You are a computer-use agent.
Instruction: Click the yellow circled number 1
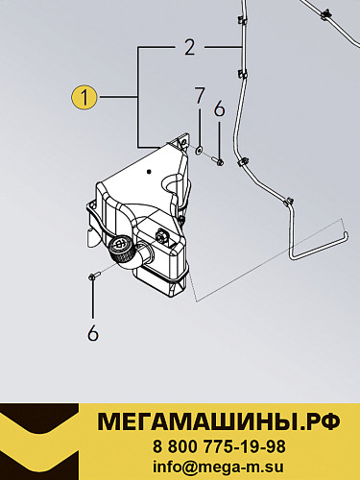tap(84, 97)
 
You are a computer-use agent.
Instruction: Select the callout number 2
tap(190, 48)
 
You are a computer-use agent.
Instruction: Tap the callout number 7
tap(199, 95)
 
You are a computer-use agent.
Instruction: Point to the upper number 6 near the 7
tap(219, 109)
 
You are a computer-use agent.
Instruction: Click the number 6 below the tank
tap(93, 333)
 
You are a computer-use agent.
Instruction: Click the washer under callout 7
tap(199, 150)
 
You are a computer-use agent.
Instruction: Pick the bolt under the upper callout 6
tap(218, 161)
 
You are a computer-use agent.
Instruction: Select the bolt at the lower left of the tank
tap(95, 275)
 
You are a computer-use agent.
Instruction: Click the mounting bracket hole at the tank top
tap(183, 142)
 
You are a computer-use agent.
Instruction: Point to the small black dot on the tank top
tap(148, 173)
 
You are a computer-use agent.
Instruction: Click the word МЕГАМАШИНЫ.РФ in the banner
tap(219, 422)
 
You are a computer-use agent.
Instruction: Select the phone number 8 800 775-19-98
tap(219, 446)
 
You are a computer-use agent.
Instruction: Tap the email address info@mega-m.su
tap(219, 467)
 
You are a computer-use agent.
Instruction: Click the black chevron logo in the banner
tap(39, 442)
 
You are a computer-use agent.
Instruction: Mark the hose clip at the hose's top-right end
tap(326, 13)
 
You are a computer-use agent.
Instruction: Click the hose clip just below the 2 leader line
tap(242, 75)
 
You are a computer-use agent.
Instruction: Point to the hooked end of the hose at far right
tap(345, 237)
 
